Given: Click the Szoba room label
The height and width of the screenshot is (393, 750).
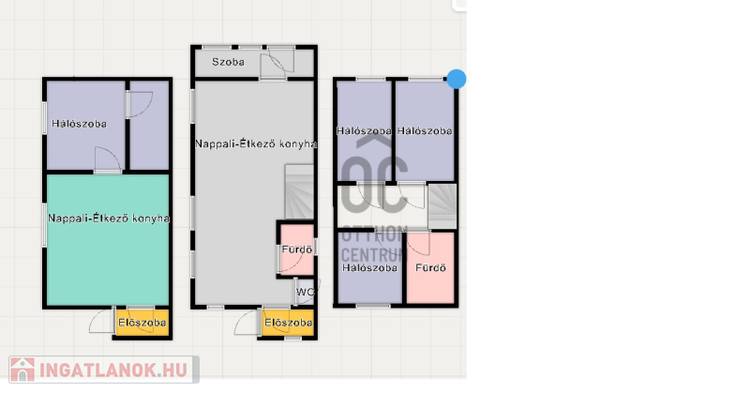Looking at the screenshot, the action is point(228,62).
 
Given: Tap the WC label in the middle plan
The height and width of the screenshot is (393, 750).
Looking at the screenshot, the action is point(306,292).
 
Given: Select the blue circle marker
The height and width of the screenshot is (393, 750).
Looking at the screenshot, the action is point(457,79).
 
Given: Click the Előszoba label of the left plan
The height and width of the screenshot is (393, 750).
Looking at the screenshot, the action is point(142,323).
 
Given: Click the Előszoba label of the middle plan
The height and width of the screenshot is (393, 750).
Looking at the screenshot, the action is point(289,323).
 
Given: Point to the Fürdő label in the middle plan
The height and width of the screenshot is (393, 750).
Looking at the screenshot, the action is point(297,249).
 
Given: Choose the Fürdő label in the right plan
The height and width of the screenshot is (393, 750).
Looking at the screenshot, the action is point(430,267).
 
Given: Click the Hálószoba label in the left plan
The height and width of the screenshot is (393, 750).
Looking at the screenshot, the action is point(79,124).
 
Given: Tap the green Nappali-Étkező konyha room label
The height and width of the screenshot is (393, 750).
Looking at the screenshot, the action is point(109,219).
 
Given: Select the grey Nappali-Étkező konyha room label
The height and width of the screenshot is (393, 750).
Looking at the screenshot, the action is point(255,144).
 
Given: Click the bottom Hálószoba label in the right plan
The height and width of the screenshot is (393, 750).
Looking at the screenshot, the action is point(369,267).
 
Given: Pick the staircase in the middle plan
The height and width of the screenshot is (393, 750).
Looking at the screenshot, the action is point(299,192).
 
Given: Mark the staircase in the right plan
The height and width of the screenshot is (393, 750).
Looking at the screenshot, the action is point(442,205).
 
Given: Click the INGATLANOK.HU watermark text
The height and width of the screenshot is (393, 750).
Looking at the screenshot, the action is point(112,370).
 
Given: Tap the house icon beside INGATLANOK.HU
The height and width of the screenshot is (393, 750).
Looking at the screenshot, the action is point(22,370).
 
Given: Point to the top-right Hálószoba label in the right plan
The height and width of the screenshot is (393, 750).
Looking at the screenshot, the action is point(425,130).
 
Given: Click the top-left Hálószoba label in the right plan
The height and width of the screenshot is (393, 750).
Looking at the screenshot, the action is point(364,130).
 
